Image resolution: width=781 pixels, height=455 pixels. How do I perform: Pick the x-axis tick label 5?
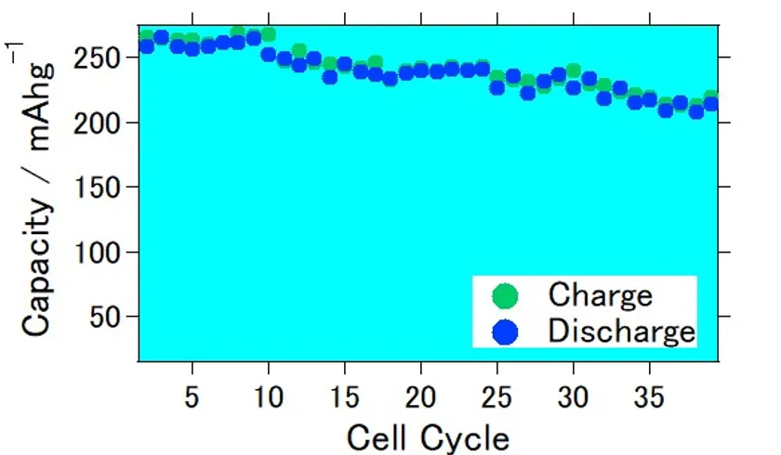(x=192, y=398)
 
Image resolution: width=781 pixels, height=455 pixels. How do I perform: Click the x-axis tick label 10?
(x=268, y=398)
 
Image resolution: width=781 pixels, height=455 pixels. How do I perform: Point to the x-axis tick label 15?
(x=344, y=398)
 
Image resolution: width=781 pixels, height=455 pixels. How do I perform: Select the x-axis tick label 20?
(x=420, y=398)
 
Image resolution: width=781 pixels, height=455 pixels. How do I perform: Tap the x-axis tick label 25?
(x=496, y=398)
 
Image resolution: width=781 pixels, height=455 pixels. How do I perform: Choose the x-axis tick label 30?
(x=573, y=398)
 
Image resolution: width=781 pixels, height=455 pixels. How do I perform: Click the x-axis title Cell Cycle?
(x=428, y=436)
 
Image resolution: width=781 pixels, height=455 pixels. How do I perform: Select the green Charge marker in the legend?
(x=505, y=296)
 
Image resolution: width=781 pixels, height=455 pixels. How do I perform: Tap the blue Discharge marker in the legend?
(x=505, y=331)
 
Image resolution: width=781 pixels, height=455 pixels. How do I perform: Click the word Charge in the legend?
(x=600, y=295)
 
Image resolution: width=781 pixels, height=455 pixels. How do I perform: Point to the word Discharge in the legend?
(x=621, y=331)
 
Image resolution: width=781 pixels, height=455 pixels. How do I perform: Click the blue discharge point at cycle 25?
(x=497, y=87)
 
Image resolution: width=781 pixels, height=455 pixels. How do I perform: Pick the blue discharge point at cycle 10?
(x=269, y=55)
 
